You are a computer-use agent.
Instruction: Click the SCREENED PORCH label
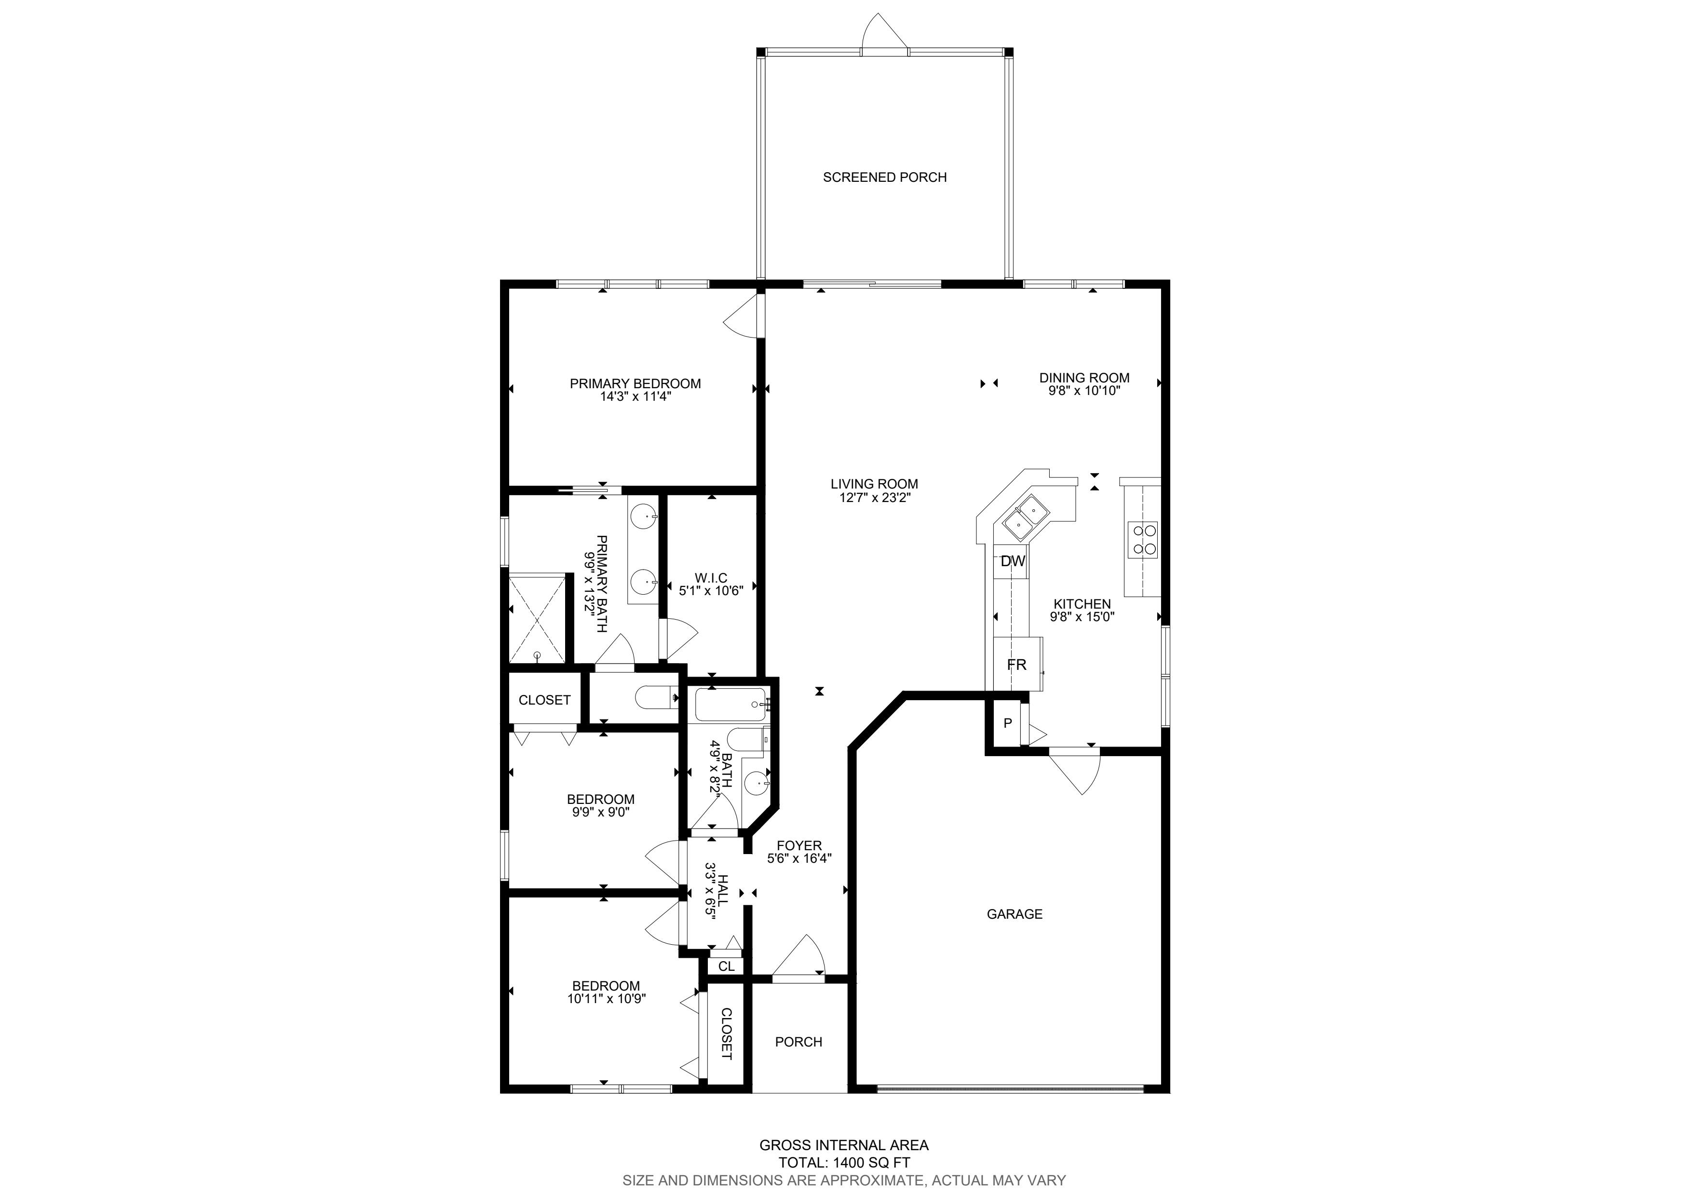point(884,177)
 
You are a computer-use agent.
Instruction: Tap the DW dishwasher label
point(1013,561)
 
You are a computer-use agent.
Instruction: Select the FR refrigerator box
point(1018,664)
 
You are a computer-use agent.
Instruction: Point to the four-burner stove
point(1143,539)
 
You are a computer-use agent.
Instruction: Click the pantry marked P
point(1007,723)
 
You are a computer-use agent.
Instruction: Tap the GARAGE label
point(1014,914)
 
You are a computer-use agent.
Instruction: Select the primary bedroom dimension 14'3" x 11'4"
point(635,396)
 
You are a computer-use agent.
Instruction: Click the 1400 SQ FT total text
point(872,1163)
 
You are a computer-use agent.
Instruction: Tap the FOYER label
point(799,845)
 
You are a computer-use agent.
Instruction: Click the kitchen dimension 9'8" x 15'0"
point(1082,617)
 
